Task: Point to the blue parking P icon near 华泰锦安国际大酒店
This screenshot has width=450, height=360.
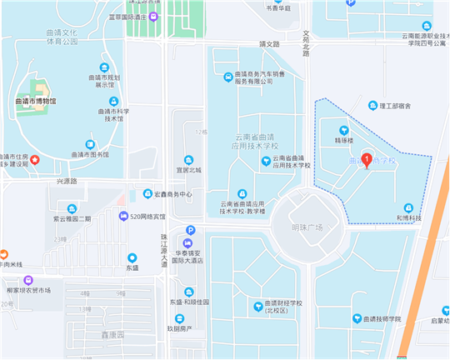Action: coord(190,230)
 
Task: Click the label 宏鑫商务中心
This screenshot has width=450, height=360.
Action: coord(172,194)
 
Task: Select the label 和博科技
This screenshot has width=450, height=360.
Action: coord(408,217)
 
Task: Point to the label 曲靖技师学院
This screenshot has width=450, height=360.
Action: coord(382,318)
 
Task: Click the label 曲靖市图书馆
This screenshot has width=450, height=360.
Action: coord(89,154)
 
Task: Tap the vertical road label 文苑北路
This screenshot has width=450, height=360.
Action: coord(306,44)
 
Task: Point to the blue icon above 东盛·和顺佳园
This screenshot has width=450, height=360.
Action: coord(189,292)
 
